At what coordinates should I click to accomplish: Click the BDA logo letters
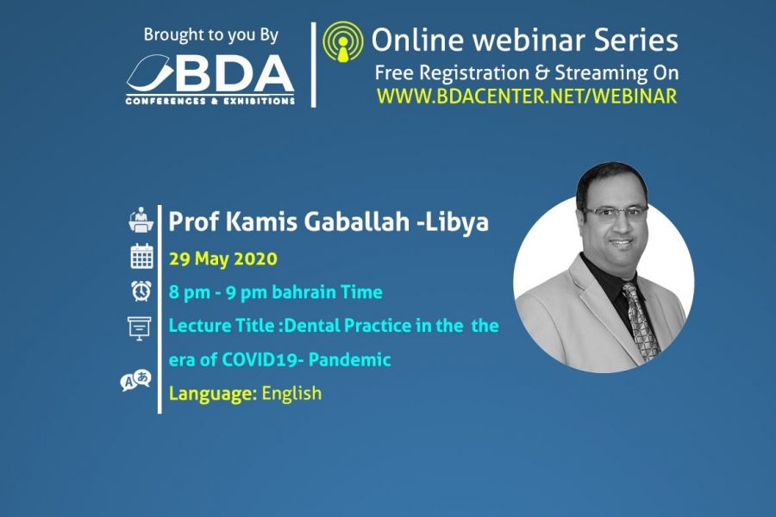[232, 73]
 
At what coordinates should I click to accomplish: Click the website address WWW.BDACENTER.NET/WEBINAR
[527, 96]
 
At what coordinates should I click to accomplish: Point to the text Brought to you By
[211, 35]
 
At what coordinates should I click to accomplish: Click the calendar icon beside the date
[141, 256]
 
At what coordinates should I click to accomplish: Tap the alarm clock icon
[141, 291]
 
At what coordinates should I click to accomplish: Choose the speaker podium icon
[141, 220]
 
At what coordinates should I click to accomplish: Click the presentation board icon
[140, 328]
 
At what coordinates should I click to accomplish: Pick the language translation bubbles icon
[135, 381]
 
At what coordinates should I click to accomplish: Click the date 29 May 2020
[223, 259]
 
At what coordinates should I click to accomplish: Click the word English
[291, 393]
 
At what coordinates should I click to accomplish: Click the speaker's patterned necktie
[641, 322]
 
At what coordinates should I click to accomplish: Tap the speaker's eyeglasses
[616, 212]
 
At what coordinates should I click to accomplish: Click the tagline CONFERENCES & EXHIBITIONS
[210, 101]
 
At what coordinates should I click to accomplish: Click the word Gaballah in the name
[356, 221]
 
